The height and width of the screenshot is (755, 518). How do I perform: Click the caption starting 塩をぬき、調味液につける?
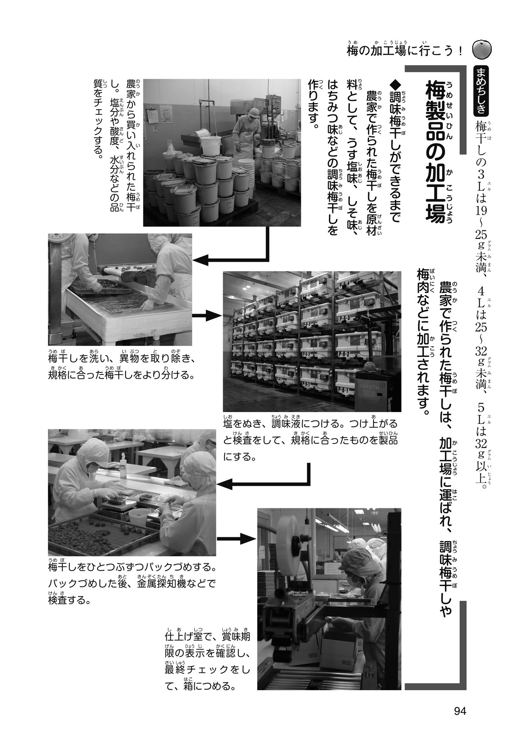[310, 438]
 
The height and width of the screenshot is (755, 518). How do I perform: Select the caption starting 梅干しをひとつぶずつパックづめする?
[132, 582]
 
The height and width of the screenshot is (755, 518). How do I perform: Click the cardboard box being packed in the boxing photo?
[341, 648]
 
